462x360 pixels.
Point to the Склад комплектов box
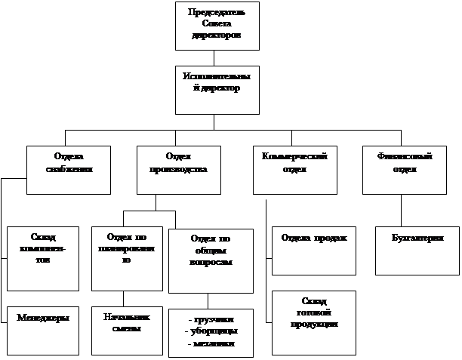(43, 257)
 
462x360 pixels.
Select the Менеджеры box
(43, 331)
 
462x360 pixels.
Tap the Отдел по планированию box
(126, 257)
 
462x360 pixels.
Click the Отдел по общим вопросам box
(211, 260)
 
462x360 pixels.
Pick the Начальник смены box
(126, 331)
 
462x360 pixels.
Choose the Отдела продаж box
(313, 249)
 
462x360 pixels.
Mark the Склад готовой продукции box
(313, 322)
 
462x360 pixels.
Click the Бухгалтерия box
(417, 249)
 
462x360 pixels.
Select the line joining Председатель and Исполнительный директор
(214, 57)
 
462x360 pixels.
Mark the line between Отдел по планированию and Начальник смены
(122, 298)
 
